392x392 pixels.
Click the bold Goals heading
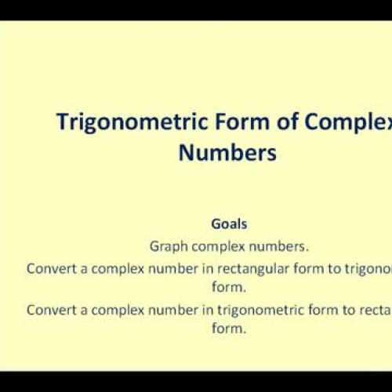228,223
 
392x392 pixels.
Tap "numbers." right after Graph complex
270,245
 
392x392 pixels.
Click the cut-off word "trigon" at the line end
364,267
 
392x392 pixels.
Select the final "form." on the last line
228,328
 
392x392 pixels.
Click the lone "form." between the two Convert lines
228,288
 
